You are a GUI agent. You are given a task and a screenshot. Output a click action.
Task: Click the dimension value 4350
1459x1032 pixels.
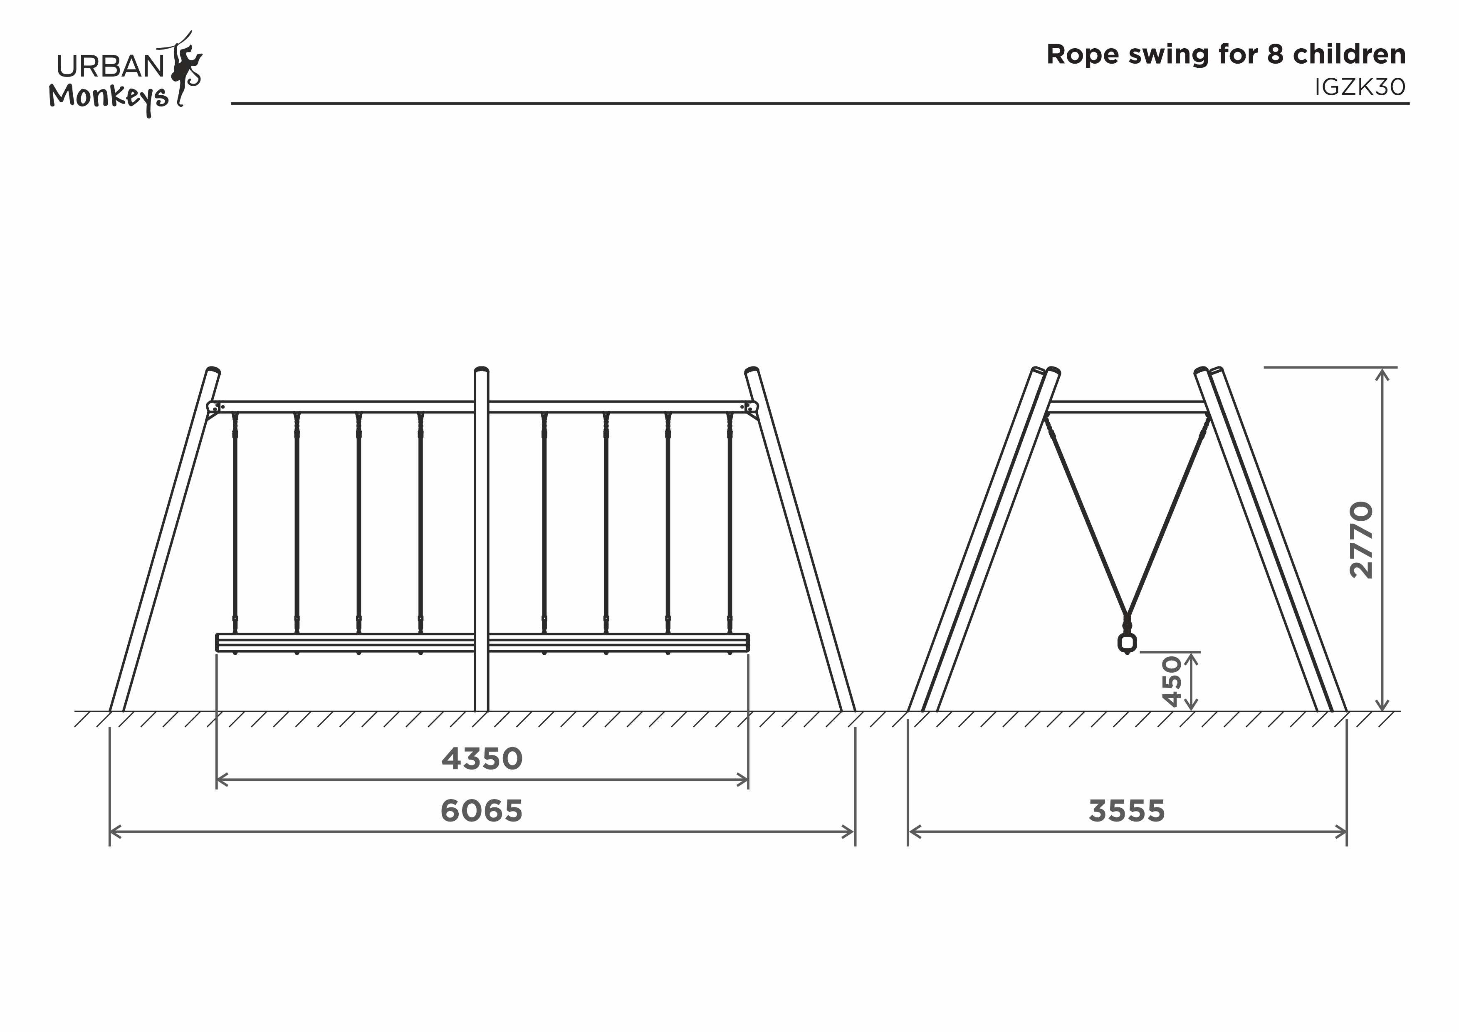coord(482,759)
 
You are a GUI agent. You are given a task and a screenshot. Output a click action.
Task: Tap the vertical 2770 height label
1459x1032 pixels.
coord(1361,540)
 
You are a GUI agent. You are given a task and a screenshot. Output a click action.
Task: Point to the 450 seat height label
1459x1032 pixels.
coord(1171,682)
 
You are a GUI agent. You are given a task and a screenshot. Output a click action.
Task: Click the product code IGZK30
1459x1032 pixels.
coord(1360,87)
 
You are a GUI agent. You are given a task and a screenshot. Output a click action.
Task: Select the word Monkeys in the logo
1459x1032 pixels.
coord(109,97)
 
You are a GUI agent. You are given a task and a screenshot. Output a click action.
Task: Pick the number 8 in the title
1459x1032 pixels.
coord(1275,54)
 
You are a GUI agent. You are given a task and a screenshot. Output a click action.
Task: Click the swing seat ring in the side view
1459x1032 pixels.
coord(1127,643)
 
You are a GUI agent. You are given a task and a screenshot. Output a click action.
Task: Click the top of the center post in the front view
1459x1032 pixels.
coord(482,370)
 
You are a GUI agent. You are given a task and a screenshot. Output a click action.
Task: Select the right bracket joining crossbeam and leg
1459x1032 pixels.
coord(751,408)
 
